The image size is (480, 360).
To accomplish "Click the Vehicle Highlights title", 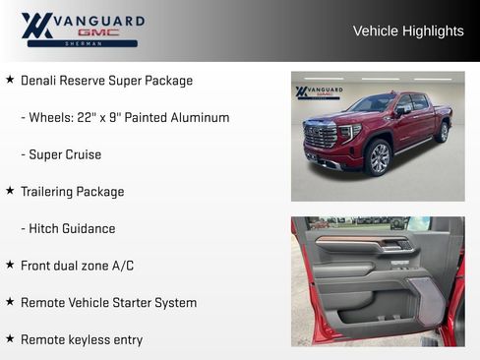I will point(408,30).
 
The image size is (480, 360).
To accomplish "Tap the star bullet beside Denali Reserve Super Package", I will point(10,80).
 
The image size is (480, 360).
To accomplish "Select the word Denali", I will point(40,81).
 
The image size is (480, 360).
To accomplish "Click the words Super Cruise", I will point(65,154).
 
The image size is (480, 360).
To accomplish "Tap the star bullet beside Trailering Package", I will point(10,191).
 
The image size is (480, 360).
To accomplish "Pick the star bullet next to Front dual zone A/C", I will point(10,265).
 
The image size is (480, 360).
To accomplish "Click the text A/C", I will point(121,266).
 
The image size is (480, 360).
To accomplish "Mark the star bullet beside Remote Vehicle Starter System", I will point(10,302).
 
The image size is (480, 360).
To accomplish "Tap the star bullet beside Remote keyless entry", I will point(10,338).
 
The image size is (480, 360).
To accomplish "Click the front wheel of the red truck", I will point(378,156).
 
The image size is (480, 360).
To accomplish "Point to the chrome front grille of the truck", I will point(322,138).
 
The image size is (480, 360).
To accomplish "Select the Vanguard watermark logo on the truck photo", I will point(319,92).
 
